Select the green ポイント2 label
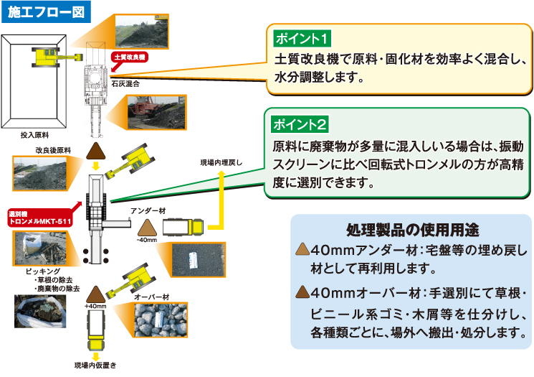click(x=301, y=124)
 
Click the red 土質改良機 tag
click(x=129, y=57)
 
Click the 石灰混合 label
click(x=125, y=84)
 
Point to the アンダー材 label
click(x=146, y=210)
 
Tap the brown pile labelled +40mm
click(x=95, y=293)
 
